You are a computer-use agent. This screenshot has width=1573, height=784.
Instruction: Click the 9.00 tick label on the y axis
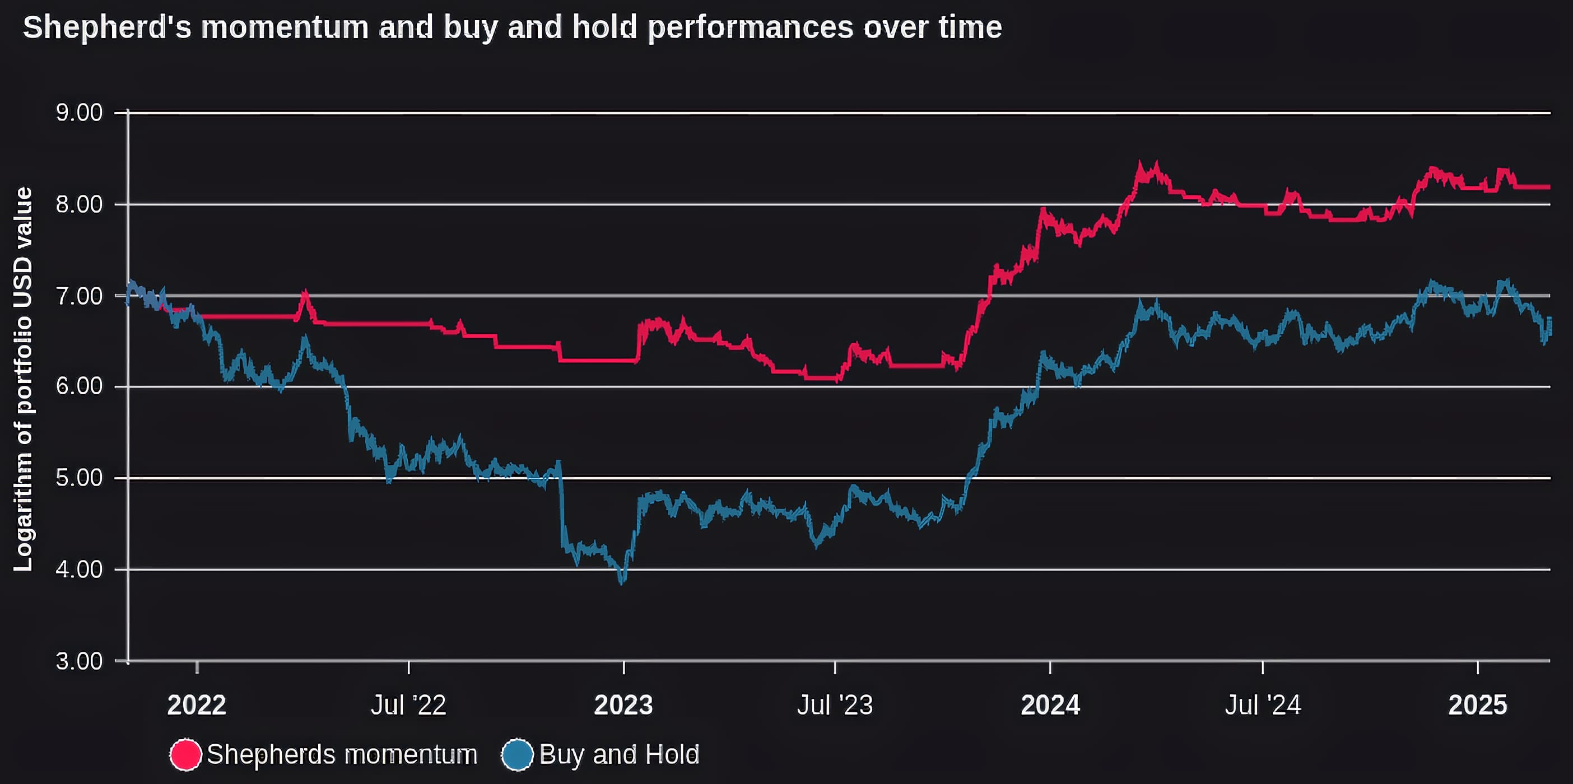[x=80, y=113]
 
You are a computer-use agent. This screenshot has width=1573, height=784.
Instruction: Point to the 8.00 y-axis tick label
[x=80, y=204]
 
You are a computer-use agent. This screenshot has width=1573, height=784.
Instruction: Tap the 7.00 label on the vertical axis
[x=80, y=296]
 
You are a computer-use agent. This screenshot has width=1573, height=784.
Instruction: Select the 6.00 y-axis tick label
[x=80, y=386]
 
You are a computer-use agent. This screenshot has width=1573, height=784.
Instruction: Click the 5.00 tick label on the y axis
[x=80, y=478]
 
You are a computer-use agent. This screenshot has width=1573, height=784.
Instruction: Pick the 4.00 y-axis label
[x=80, y=570]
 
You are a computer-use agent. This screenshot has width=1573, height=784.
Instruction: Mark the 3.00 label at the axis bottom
[x=80, y=661]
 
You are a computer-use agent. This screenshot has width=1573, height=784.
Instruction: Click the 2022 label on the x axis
[x=197, y=705]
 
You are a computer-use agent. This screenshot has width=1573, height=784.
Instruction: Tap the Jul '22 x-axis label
[x=408, y=705]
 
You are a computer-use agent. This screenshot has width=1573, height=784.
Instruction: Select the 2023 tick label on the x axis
[x=623, y=705]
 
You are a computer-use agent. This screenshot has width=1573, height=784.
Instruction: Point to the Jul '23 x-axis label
[x=835, y=705]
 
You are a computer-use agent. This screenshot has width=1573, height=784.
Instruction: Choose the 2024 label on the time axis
[x=1050, y=705]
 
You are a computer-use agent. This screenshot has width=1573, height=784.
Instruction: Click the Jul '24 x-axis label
[x=1263, y=705]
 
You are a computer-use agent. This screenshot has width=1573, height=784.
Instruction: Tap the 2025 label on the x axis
[x=1478, y=705]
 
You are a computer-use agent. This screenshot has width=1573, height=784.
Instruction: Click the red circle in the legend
[x=185, y=755]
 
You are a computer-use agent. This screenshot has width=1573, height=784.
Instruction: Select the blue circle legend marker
[x=517, y=755]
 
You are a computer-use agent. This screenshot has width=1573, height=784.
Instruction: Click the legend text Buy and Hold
[x=619, y=755]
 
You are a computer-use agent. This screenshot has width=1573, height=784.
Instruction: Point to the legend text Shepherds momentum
[x=342, y=755]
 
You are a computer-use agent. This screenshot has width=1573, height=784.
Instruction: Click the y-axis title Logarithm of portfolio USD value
[x=23, y=379]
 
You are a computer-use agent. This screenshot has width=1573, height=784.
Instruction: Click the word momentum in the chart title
[x=285, y=27]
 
